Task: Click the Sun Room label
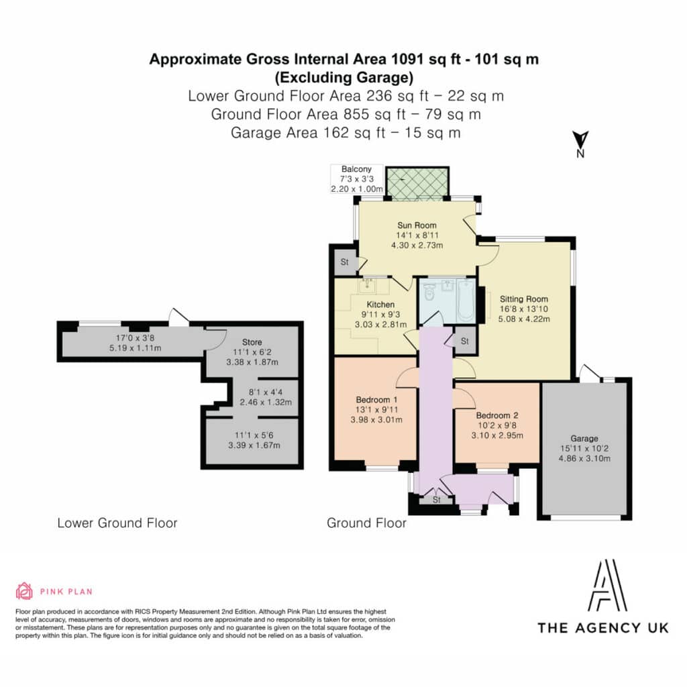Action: (x=417, y=225)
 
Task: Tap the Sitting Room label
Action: (x=524, y=299)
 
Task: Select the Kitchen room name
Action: (x=380, y=304)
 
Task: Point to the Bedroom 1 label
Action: (x=376, y=400)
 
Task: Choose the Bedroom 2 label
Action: (x=497, y=415)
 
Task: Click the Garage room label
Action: (x=584, y=438)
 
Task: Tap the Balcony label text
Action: (x=356, y=169)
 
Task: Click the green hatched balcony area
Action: (x=417, y=183)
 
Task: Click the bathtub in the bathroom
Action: (x=466, y=300)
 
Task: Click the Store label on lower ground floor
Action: (x=252, y=342)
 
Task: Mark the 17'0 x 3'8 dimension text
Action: (x=135, y=338)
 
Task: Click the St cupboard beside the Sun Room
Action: (x=345, y=262)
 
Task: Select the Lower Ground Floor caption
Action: (x=117, y=523)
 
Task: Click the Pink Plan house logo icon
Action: (x=24, y=590)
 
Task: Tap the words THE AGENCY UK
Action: (x=603, y=628)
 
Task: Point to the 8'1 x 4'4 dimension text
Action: (x=266, y=392)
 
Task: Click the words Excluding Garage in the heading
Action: (x=344, y=78)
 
